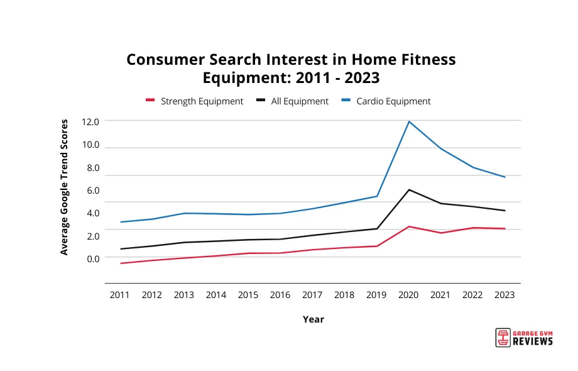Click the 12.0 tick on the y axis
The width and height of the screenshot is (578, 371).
(x=90, y=121)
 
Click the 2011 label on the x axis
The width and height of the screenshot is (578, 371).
(x=120, y=295)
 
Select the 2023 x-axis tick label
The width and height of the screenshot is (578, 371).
(x=504, y=295)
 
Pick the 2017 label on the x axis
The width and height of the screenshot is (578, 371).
(x=312, y=295)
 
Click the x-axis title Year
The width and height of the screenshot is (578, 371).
(x=313, y=319)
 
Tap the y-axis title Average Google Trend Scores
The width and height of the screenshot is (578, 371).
(x=64, y=187)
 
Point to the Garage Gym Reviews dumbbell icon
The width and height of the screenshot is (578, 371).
(x=503, y=337)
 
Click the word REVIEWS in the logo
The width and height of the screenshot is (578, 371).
(x=533, y=341)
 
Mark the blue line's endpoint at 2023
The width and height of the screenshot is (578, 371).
(x=504, y=177)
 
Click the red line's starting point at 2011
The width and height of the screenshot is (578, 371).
(x=120, y=263)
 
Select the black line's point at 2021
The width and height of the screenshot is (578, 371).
(x=441, y=203)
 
